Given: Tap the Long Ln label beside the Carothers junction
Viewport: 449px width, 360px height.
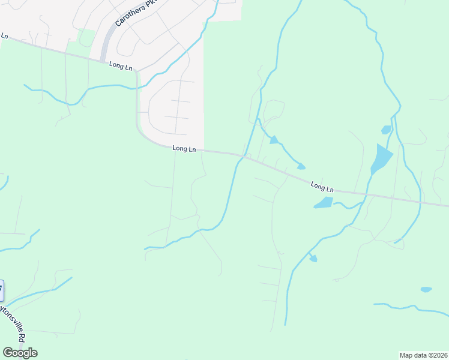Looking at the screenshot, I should tap(120, 65).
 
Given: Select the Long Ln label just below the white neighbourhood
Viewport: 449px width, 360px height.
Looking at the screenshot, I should tap(184, 148).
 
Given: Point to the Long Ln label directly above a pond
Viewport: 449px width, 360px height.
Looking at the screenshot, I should tap(322, 187).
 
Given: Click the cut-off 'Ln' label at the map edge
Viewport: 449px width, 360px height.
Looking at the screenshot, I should tap(4, 36).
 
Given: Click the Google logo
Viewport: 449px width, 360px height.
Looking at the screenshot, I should tap(20, 352).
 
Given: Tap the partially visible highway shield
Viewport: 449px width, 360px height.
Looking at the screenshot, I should tap(2, 291).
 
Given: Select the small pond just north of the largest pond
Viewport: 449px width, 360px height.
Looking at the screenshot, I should tap(386, 130).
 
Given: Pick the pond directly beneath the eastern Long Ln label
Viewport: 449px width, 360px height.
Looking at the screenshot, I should tap(323, 203).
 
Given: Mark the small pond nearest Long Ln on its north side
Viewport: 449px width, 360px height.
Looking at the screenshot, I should tap(301, 166).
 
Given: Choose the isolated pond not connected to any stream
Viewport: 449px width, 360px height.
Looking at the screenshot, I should tap(426, 290).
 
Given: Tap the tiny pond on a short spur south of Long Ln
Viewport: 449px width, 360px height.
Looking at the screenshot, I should tap(313, 259).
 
